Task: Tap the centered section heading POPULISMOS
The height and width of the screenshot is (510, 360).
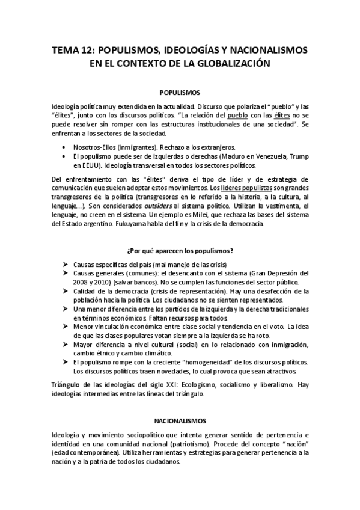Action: pyautogui.click(x=180, y=93)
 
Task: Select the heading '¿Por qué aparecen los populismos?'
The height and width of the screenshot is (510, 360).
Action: pyautogui.click(x=180, y=250)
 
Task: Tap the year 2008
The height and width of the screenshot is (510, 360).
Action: pyautogui.click(x=81, y=282)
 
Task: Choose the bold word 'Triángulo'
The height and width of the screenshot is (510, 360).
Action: pyautogui.click(x=66, y=383)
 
